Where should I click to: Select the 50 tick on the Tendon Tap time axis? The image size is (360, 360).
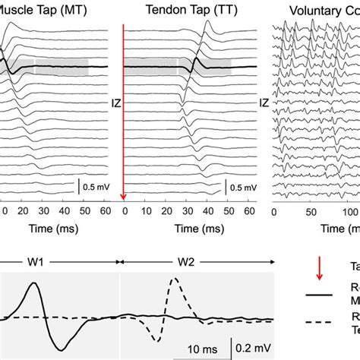pyautogui.click(x=228, y=212)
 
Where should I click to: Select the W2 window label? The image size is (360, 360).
pyautogui.click(x=187, y=261)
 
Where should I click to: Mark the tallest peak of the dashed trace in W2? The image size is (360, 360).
pyautogui.click(x=175, y=279)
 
